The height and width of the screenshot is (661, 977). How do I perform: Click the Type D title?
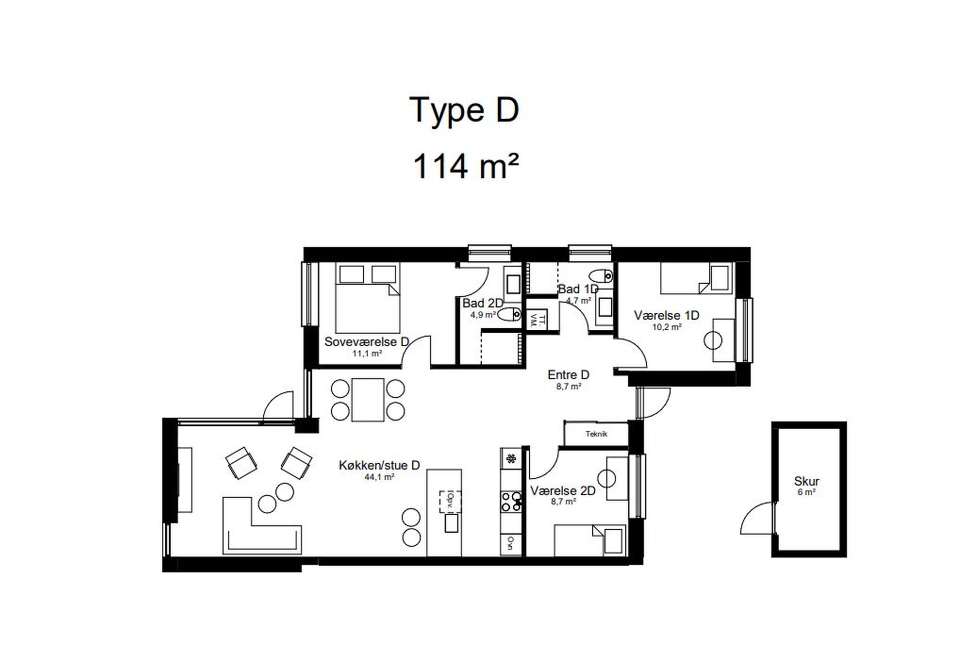click(464, 110)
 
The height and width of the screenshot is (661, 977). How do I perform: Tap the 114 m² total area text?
click(466, 166)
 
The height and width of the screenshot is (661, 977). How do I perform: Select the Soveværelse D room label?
click(367, 342)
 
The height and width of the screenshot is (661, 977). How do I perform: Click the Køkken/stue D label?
click(379, 465)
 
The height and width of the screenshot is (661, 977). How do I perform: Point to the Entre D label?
click(568, 375)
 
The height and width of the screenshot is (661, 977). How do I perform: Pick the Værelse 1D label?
click(666, 315)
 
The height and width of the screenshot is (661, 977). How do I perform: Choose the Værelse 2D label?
click(563, 491)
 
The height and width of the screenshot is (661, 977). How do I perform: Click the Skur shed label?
click(806, 481)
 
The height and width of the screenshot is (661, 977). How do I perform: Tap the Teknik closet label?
click(596, 434)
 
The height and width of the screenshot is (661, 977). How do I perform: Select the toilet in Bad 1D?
click(601, 276)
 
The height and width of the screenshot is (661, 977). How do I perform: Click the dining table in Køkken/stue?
click(368, 400)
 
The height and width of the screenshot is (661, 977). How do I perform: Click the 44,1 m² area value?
click(379, 477)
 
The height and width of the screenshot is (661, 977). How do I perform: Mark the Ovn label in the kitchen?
click(510, 543)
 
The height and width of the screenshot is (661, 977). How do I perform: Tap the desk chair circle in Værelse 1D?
click(713, 340)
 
